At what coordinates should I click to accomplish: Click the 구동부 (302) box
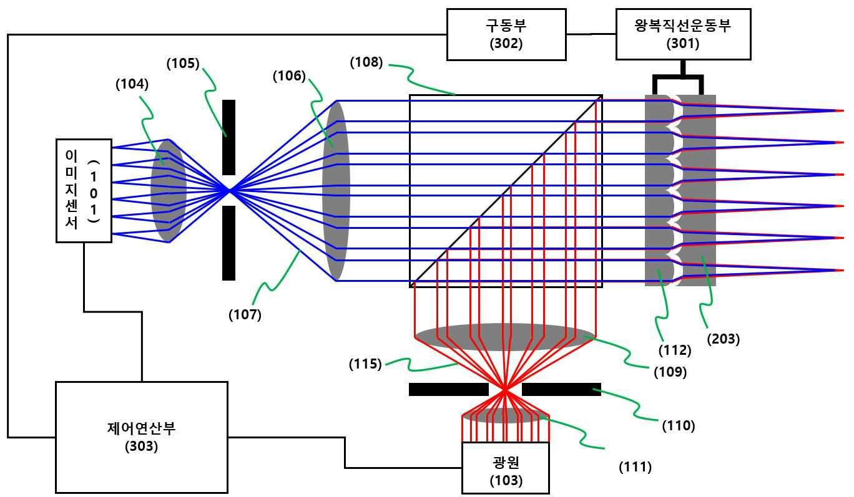[506, 34]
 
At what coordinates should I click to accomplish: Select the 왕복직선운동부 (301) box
[683, 34]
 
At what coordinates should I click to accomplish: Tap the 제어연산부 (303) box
[142, 437]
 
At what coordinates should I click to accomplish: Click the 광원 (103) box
[506, 469]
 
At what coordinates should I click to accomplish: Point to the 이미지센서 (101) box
[84, 190]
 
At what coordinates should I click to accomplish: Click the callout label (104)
[132, 85]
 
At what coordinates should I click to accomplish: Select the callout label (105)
[183, 64]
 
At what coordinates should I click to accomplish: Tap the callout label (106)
[289, 76]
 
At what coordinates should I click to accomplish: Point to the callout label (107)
[245, 315]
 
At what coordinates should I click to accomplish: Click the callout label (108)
[366, 62]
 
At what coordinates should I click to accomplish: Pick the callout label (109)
[670, 372]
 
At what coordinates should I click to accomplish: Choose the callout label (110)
[678, 426]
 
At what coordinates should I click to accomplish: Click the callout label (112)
[675, 350]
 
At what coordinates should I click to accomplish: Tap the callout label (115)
[365, 364]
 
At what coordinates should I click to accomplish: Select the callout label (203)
[724, 339]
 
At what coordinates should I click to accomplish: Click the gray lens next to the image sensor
[168, 190]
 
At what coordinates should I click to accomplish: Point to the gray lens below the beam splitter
[504, 337]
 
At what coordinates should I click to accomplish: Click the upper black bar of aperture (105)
[228, 137]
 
